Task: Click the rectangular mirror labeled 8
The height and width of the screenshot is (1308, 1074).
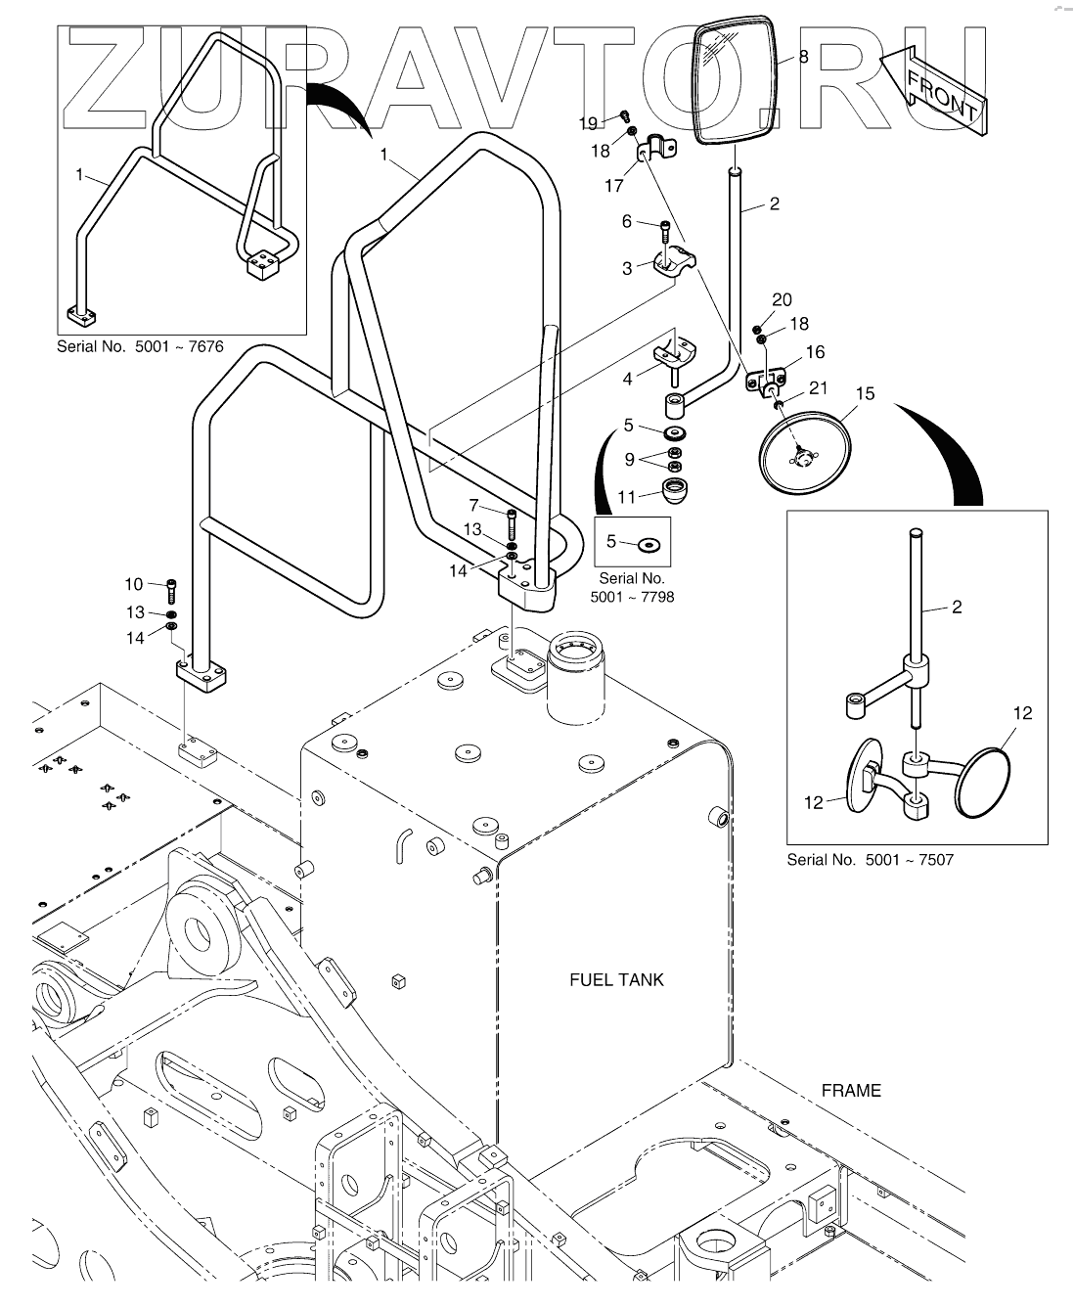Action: pos(735,80)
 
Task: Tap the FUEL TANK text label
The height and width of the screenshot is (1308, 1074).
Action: pos(616,979)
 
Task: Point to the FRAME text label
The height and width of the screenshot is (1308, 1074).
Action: pos(850,1090)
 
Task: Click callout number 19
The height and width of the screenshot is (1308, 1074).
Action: pos(588,123)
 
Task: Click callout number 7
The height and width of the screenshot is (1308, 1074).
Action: pos(475,506)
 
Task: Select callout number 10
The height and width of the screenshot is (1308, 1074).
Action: pos(134,584)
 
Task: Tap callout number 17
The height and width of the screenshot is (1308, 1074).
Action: pos(614,184)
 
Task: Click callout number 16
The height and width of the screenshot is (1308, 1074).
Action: pos(814,352)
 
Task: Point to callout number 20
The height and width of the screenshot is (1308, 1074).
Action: pos(782,300)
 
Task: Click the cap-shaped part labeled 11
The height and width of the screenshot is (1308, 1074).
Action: pos(674,489)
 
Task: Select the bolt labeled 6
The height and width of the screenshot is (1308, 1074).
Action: pos(664,234)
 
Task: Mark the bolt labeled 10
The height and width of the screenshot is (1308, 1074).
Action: pos(172,590)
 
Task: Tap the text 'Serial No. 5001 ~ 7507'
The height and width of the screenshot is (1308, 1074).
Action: pos(870,860)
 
